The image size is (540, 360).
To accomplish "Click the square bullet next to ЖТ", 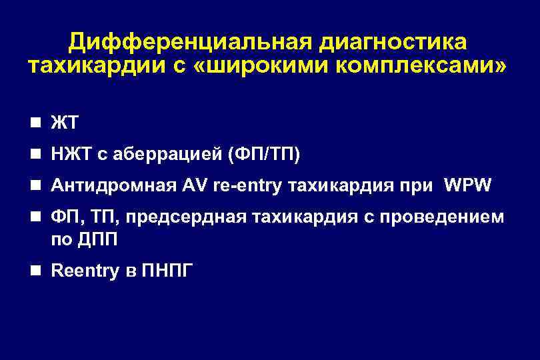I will click(x=41, y=123).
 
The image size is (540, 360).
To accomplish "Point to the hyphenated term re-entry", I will click(x=249, y=186).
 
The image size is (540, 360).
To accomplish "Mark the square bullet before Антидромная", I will click(x=41, y=185).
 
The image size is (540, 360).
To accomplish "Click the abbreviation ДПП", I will click(x=98, y=239).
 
